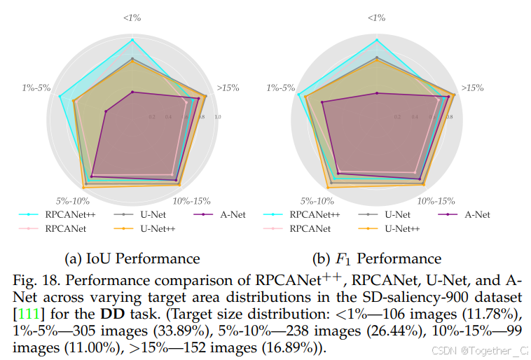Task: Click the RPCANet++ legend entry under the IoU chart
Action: pos(71,214)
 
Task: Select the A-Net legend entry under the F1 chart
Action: pos(476,214)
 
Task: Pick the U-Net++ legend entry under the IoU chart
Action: pos(158,228)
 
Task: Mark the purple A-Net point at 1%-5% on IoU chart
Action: pos(106,111)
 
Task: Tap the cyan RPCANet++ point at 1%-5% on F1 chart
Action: pos(299,95)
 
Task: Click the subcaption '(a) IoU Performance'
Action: pos(132,258)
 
